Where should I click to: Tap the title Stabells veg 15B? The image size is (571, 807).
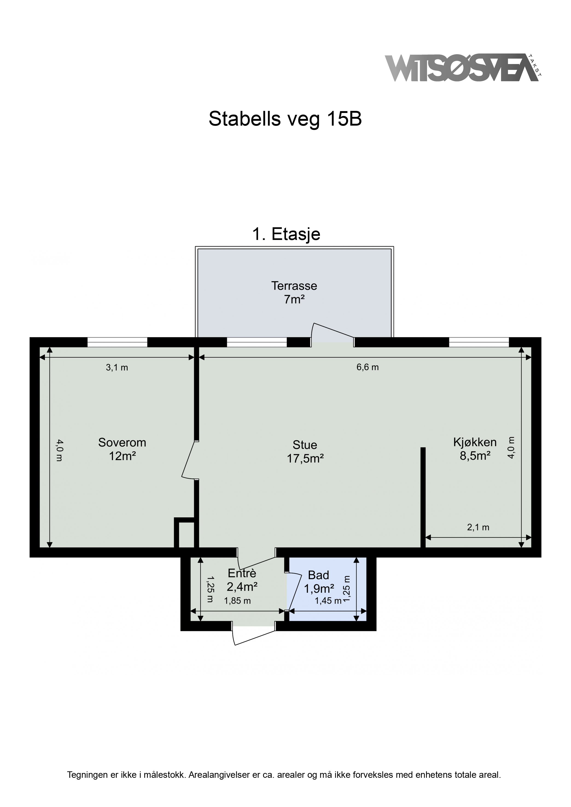[x=285, y=119]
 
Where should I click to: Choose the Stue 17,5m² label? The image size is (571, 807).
[x=305, y=452]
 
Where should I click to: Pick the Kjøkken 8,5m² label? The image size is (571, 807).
[x=475, y=449]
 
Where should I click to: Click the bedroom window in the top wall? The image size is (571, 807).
[x=117, y=342]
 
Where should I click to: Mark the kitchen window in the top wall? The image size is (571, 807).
[x=479, y=342]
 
